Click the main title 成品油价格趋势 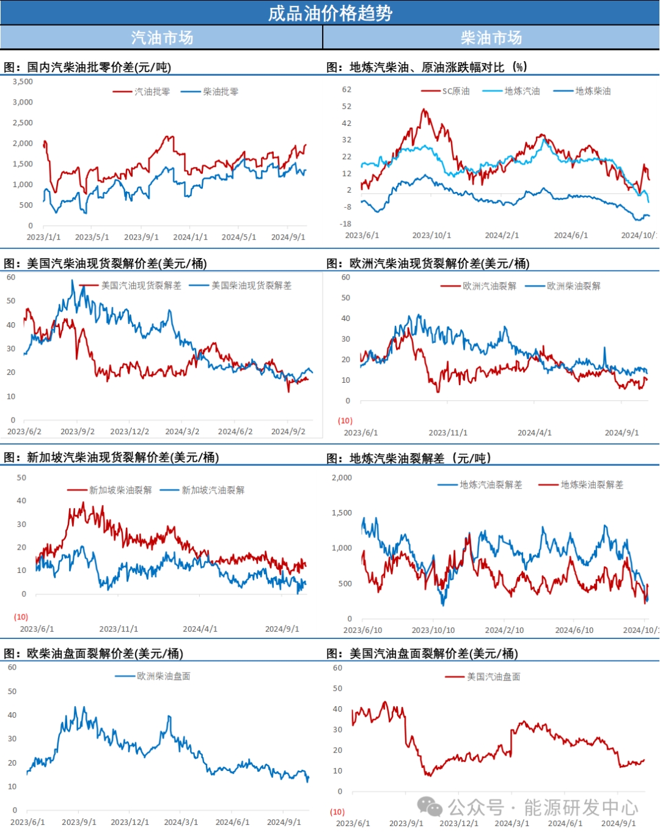point(330,13)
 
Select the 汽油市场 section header point(162,38)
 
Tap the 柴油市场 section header point(491,38)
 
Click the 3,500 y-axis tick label point(23,81)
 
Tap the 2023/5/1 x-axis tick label point(92,237)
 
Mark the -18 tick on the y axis point(346,224)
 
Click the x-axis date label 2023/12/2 point(130,432)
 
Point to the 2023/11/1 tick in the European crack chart point(448,433)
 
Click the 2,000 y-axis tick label point(342,478)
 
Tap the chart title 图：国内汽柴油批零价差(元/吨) point(87,67)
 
